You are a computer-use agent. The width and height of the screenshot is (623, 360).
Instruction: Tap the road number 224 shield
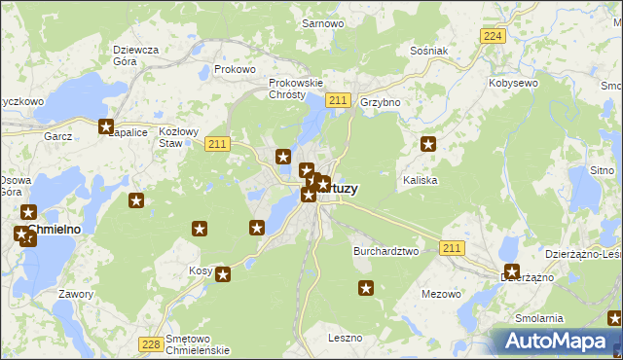[x=493, y=36]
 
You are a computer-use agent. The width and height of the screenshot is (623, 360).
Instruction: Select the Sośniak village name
[x=428, y=51]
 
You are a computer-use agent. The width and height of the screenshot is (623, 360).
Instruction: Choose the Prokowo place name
[x=235, y=70]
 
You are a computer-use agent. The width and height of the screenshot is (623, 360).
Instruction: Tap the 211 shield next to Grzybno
[x=338, y=100]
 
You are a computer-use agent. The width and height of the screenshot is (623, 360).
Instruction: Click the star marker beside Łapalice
[x=107, y=126]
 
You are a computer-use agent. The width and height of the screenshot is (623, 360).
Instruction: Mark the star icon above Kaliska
[x=428, y=145]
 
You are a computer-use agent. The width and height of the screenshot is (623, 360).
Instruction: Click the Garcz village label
[x=58, y=137]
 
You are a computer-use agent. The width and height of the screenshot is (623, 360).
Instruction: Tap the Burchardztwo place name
[x=385, y=251]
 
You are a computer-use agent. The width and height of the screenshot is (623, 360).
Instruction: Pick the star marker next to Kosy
[x=223, y=274]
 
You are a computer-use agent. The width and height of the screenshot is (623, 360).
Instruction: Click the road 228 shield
[x=150, y=344]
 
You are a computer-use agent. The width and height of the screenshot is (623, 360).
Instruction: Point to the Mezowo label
[x=440, y=293]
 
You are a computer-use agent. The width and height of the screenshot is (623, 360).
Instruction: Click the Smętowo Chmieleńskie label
[x=197, y=344]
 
